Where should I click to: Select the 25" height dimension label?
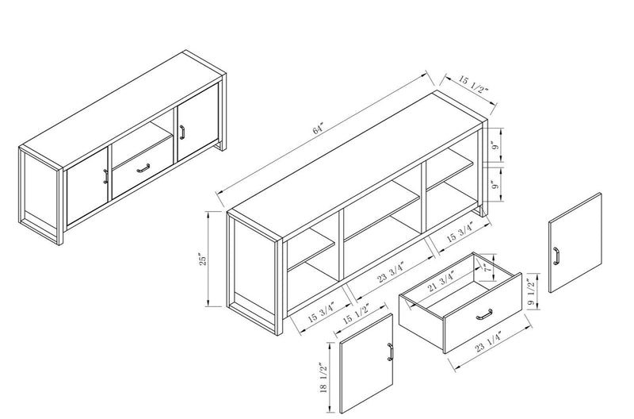pos(204,259)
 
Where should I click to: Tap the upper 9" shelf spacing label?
pos(495,145)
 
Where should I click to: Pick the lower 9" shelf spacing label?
pos(495,187)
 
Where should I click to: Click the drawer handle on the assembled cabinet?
pos(143,167)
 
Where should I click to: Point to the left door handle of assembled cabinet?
pos(105,175)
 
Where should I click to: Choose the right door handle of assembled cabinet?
pos(179,130)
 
